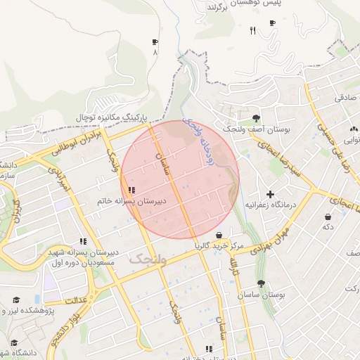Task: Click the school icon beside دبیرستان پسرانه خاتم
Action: click(131, 190)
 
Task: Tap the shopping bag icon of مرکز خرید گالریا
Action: click(219, 236)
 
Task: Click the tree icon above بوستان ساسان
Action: click(261, 284)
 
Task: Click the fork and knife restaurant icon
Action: click(252, 30)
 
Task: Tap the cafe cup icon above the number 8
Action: click(155, 42)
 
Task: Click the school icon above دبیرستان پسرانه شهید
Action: click(84, 241)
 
